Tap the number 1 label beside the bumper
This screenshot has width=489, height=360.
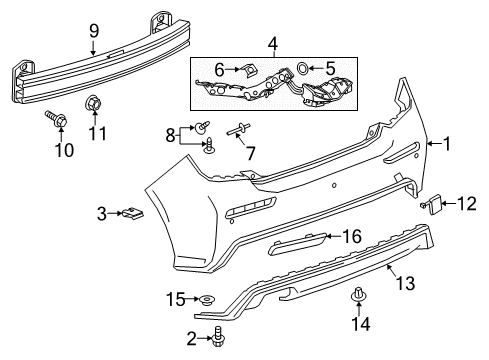447,143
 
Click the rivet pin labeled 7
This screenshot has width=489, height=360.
244,128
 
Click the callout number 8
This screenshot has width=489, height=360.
171,133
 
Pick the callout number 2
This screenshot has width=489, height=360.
191,340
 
